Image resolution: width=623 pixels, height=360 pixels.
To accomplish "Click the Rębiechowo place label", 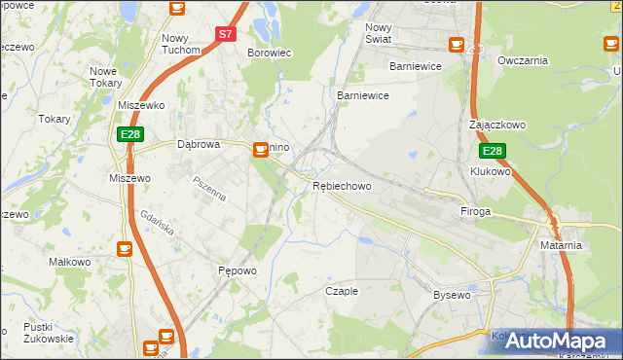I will pyautogui.click(x=341, y=186).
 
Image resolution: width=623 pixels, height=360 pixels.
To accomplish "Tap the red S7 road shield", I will pyautogui.click(x=225, y=33).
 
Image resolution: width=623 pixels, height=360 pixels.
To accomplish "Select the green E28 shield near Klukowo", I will pyautogui.click(x=492, y=152).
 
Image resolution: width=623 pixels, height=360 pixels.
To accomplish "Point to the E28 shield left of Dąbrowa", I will pyautogui.click(x=130, y=134).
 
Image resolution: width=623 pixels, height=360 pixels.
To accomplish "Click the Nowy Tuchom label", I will pyautogui.click(x=181, y=44).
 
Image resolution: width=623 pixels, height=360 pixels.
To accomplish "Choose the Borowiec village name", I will pyautogui.click(x=270, y=53).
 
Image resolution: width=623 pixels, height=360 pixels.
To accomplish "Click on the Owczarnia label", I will pyautogui.click(x=523, y=60).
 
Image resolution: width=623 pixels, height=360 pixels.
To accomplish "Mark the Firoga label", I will pyautogui.click(x=475, y=211).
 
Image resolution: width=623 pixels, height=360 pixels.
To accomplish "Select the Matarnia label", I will pyautogui.click(x=561, y=245).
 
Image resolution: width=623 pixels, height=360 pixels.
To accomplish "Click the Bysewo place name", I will pyautogui.click(x=452, y=294).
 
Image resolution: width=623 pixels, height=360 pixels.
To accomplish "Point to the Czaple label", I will pyautogui.click(x=342, y=291).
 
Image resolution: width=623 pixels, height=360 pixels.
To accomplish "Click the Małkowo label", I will pyautogui.click(x=69, y=262).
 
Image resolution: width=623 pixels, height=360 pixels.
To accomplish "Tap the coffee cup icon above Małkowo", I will pyautogui.click(x=124, y=249).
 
